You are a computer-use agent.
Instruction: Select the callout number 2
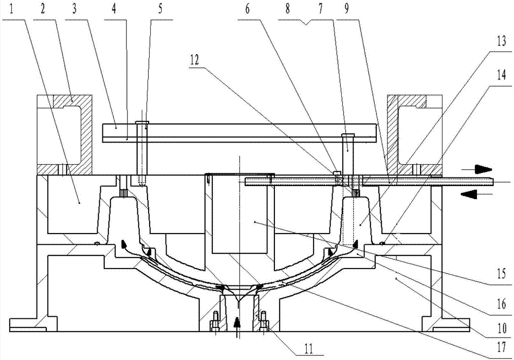(x=43, y=9)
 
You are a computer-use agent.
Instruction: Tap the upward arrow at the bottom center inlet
(x=237, y=324)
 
